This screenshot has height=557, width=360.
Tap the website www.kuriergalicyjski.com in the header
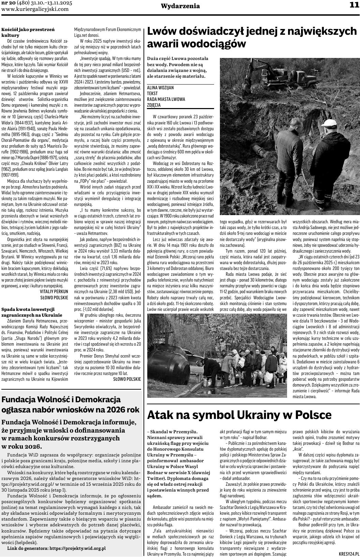[35, 10]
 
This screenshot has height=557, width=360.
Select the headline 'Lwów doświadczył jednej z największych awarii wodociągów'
[252, 37]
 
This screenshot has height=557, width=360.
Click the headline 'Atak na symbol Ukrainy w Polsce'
[239, 415]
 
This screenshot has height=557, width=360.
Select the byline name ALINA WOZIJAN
[160, 88]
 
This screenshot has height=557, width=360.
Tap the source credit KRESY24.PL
[349, 554]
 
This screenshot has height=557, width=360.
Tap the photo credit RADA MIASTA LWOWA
[166, 99]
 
